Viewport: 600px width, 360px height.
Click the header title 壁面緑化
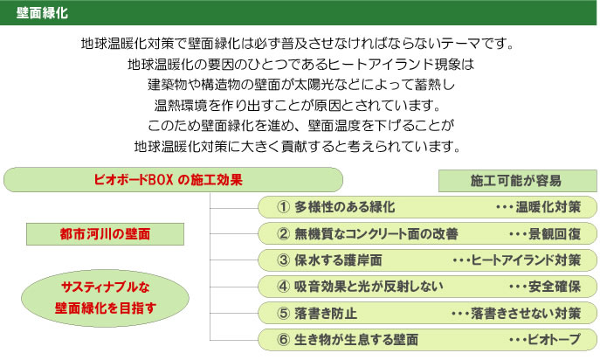click(x=42, y=13)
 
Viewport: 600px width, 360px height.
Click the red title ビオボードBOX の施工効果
click(x=169, y=180)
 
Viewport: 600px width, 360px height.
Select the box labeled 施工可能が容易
click(x=517, y=181)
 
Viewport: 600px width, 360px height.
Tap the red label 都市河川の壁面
click(x=105, y=233)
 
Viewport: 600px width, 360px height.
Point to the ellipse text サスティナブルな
click(x=105, y=287)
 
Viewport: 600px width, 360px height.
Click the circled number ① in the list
click(x=283, y=207)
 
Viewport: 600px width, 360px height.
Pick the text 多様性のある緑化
click(x=345, y=207)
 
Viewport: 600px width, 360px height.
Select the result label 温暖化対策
click(x=548, y=207)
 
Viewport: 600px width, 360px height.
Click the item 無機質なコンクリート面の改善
click(x=376, y=233)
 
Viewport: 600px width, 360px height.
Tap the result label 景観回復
click(x=555, y=233)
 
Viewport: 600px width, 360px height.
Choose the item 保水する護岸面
click(x=338, y=260)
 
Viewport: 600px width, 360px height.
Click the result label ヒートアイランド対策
click(x=526, y=260)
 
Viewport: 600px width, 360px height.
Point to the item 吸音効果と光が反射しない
click(x=369, y=287)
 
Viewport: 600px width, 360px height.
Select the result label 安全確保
click(x=555, y=287)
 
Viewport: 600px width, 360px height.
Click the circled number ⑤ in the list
click(x=283, y=314)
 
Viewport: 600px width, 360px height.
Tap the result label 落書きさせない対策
click(x=526, y=314)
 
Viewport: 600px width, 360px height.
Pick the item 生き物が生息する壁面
click(x=356, y=340)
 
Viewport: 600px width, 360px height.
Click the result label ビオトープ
click(x=555, y=340)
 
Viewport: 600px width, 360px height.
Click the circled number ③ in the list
click(x=283, y=260)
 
